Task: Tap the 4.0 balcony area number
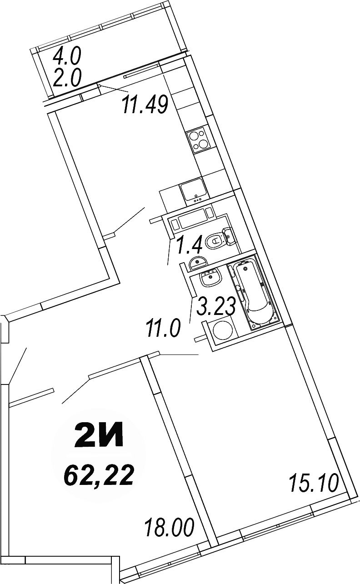[66, 57]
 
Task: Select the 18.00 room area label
[170, 529]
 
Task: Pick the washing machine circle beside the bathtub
[223, 331]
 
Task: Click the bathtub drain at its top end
[246, 269]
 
